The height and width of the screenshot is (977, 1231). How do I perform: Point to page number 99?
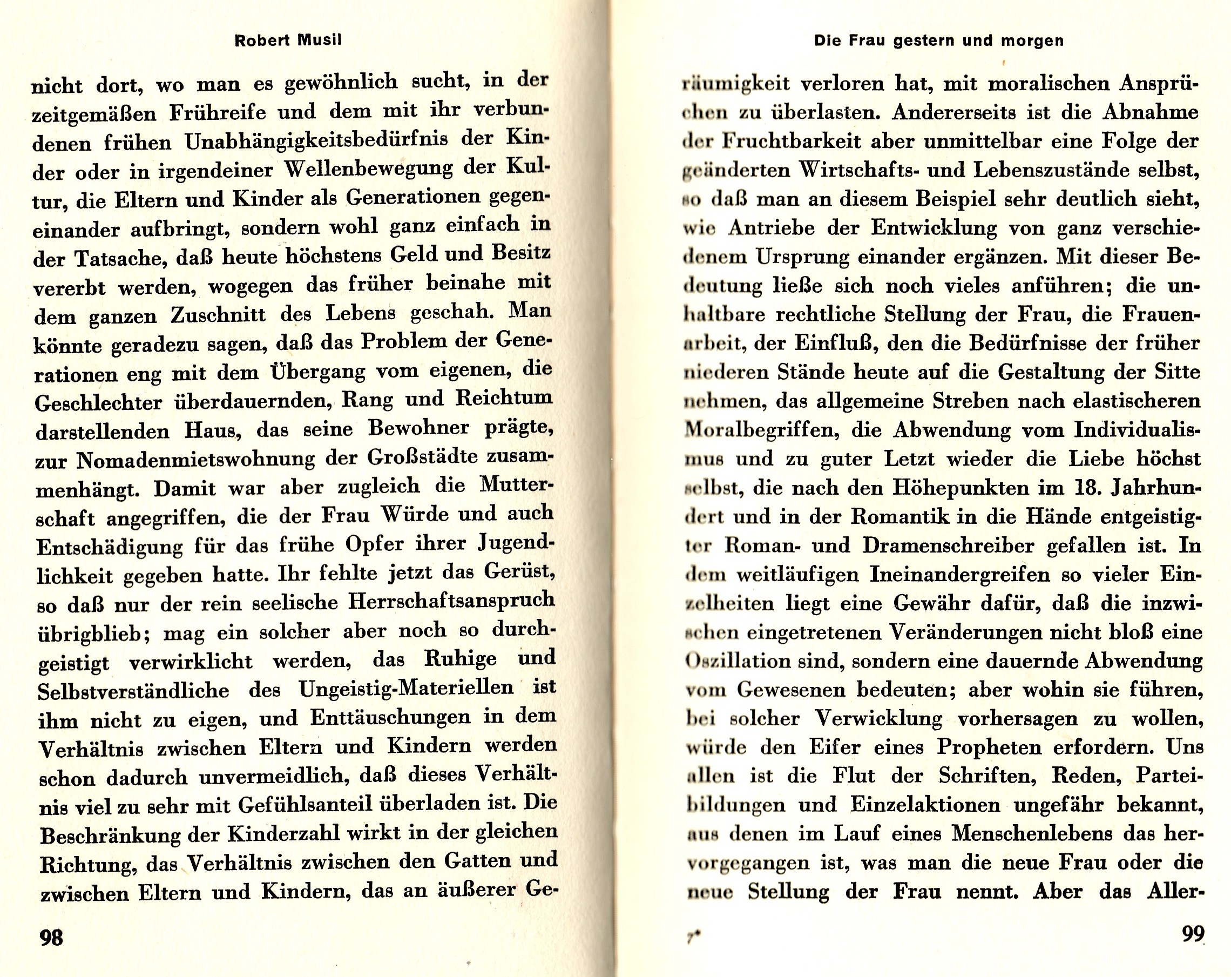(1193, 934)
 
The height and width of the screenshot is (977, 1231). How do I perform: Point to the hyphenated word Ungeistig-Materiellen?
(406, 688)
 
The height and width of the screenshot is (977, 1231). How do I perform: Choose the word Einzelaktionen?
(925, 805)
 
